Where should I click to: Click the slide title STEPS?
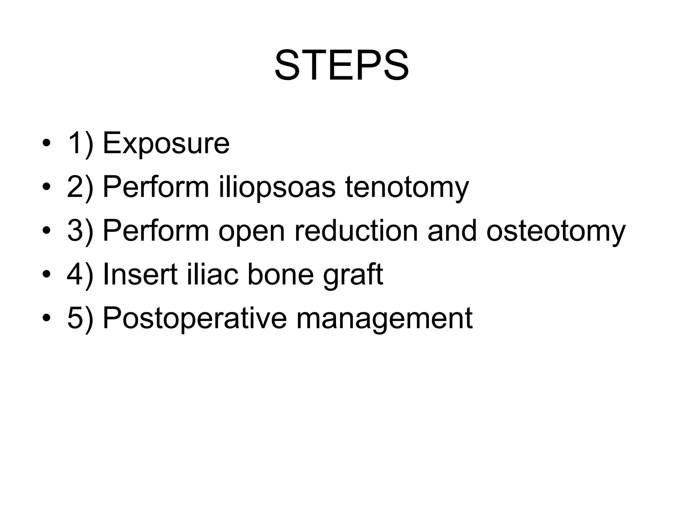(342, 65)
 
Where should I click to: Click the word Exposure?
(166, 144)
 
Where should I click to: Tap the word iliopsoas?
(277, 187)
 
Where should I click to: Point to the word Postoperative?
(194, 319)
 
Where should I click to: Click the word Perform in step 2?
(156, 187)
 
